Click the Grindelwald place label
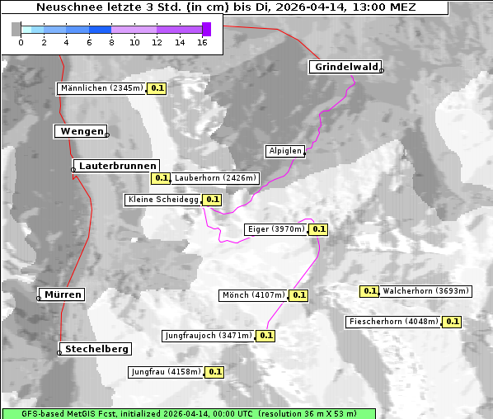[345, 67]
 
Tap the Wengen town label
[81, 131]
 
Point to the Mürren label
[63, 294]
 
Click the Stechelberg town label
[96, 349]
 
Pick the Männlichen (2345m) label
[102, 88]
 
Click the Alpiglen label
[285, 151]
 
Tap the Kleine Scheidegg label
[163, 200]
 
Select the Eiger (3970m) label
[276, 229]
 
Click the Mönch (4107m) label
[253, 295]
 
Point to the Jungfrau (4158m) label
[165, 372]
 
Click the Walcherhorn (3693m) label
[426, 291]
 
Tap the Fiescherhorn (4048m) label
[393, 322]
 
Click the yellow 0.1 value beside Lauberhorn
[160, 177]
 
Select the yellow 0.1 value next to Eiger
[319, 229]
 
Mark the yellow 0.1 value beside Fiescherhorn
[452, 322]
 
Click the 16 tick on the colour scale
[201, 42]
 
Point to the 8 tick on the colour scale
[110, 42]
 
